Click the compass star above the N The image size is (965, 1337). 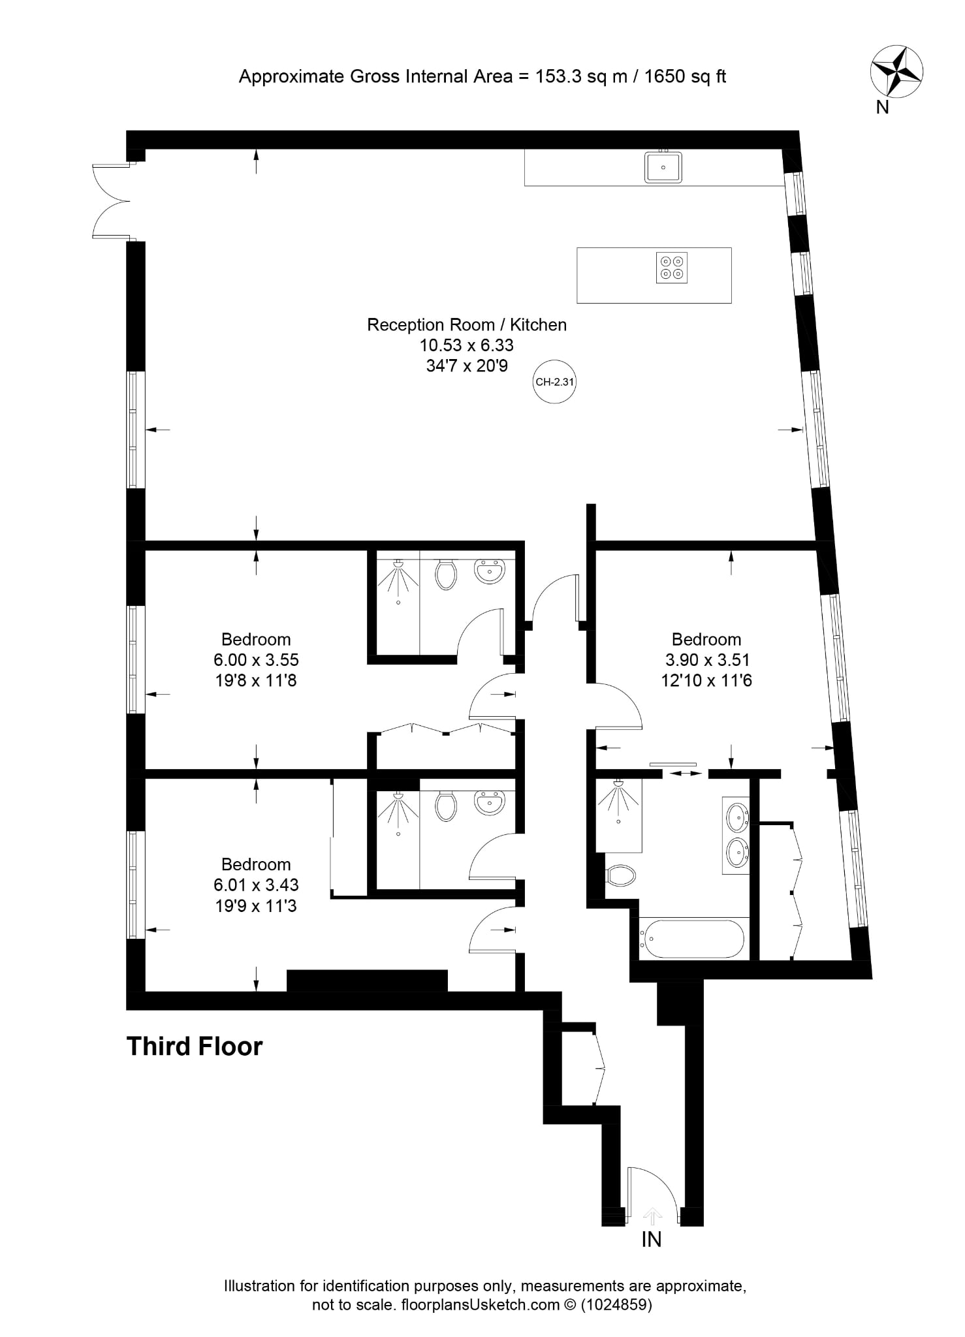[896, 71]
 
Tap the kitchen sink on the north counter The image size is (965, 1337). [663, 166]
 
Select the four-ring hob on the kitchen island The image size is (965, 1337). [672, 268]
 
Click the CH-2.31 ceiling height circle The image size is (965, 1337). [554, 381]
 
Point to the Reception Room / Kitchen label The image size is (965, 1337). [467, 324]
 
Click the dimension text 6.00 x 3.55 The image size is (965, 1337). [256, 660]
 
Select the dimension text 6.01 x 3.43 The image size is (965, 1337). [256, 885]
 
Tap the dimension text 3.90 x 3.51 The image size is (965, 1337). [706, 660]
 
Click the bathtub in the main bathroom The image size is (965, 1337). [691, 939]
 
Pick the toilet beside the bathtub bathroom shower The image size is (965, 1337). [620, 875]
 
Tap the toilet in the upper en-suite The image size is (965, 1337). [446, 573]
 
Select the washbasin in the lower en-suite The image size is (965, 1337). [490, 803]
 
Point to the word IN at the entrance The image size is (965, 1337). [652, 1239]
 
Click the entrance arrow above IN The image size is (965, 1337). [652, 1216]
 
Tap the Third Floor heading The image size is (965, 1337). [195, 1046]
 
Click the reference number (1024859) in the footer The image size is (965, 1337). [616, 1304]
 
